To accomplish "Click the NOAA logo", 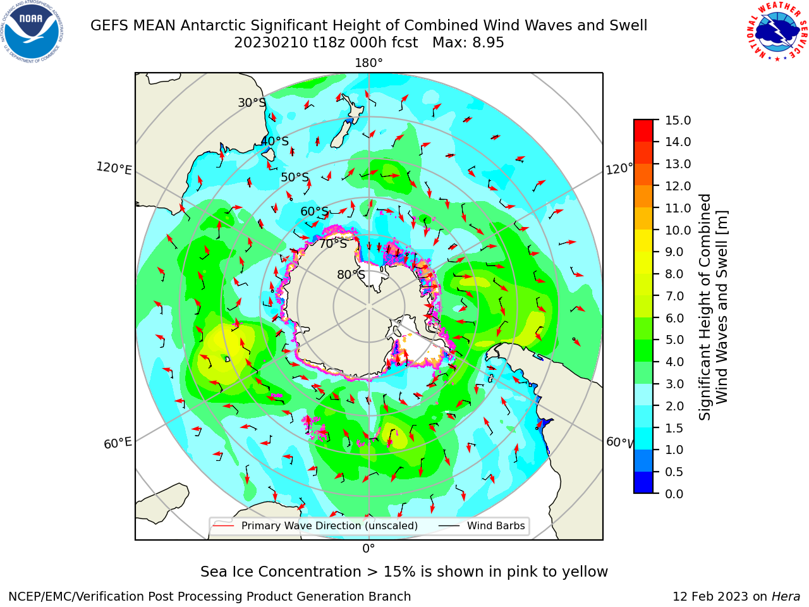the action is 32,32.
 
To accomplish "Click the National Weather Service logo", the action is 777,32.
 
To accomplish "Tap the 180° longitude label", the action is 368,63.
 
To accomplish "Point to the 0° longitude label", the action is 368,549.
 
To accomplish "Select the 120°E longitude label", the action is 114,168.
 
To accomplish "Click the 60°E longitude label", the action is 118,443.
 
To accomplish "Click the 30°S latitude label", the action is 252,102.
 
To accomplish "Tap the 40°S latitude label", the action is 275,141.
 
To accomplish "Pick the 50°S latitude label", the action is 295,177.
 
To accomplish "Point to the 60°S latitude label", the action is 314,212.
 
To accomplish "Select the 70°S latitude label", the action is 333,244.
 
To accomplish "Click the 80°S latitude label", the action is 351,274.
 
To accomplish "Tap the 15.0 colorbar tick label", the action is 678,120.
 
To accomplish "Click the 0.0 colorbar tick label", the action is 674,494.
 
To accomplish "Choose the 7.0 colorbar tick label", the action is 674,296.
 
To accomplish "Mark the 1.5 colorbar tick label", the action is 674,428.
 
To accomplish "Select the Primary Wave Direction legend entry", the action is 315,525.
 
